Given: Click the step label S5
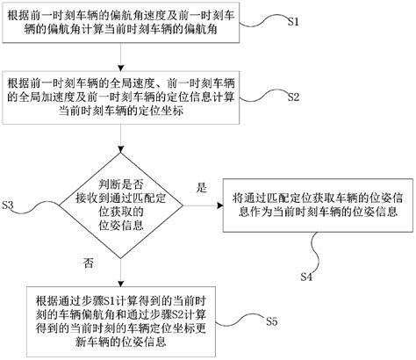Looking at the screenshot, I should point(272,322).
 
